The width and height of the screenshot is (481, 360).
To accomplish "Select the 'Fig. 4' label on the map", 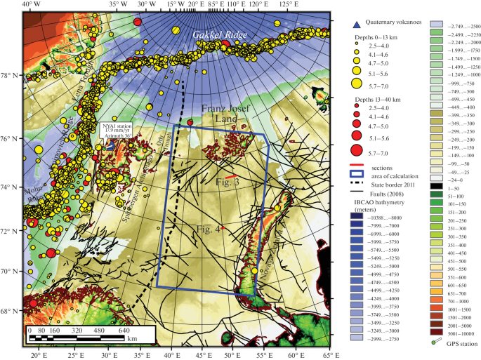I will pos(209,229).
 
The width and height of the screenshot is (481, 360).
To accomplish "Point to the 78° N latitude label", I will pos(11,76).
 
